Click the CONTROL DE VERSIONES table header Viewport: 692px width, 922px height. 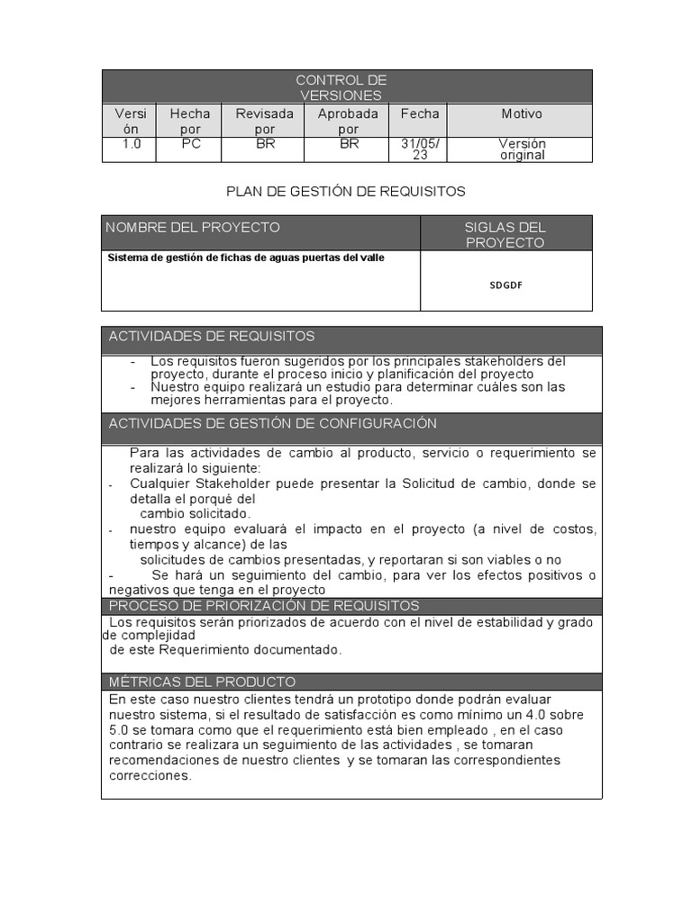[x=347, y=87]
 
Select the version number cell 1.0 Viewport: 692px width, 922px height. [x=132, y=143]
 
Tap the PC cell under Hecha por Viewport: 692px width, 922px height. [x=190, y=143]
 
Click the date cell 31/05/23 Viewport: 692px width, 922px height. [x=420, y=149]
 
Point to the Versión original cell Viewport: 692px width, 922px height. [x=522, y=149]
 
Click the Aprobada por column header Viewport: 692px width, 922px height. [x=348, y=121]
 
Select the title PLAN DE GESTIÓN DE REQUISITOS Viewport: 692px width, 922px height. [x=346, y=191]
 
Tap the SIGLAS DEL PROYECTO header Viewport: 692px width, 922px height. [x=505, y=234]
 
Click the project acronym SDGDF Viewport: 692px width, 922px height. [x=505, y=285]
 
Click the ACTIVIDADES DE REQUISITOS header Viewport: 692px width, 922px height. [x=212, y=336]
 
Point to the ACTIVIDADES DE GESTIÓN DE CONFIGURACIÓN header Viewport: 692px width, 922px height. [x=272, y=423]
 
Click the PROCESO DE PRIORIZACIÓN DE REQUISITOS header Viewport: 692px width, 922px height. [x=264, y=605]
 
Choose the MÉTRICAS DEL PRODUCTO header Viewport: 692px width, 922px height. [x=202, y=682]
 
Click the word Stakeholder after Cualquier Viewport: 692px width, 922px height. [x=236, y=484]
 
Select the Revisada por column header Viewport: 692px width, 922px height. [x=265, y=121]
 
